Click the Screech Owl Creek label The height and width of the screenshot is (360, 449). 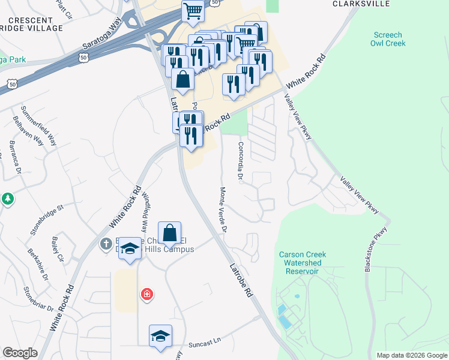pos(388,39)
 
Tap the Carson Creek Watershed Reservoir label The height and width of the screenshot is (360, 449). pos(303,263)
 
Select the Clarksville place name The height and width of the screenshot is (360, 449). pos(358,3)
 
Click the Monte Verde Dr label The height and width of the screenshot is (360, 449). pos(223,209)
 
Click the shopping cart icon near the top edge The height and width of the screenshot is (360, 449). pos(193,10)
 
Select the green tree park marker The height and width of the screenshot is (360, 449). pos(7,198)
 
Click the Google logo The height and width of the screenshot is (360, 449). pos(20,353)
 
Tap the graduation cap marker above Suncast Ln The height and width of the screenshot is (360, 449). pos(160,337)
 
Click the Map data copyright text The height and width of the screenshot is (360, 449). pos(412,355)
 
